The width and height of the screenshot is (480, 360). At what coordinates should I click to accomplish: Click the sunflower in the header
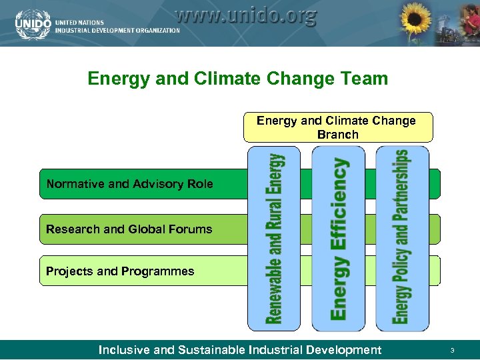tap(415, 21)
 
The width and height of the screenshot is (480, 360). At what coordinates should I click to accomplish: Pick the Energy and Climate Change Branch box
tap(337, 127)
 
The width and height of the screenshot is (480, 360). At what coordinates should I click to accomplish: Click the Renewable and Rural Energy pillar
tap(273, 239)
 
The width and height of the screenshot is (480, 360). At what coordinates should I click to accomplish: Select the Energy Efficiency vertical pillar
tap(339, 239)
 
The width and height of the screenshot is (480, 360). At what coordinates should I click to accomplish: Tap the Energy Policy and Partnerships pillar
tap(402, 239)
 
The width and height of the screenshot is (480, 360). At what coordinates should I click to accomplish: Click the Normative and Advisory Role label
tap(129, 184)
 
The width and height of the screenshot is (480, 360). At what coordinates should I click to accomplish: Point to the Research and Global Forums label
tap(129, 229)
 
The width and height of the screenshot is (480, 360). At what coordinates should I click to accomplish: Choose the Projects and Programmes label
tap(120, 271)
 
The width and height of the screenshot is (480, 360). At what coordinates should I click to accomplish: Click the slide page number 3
tap(452, 351)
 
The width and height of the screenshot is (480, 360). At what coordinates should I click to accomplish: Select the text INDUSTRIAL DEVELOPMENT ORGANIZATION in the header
tap(117, 30)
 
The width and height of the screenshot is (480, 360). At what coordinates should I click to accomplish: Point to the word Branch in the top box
tap(337, 135)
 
